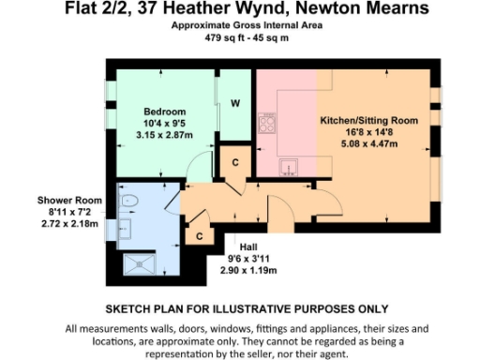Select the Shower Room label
pos(69,201)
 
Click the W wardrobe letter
pos(236,104)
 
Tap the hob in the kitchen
pos(267,124)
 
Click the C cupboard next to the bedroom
pos(235,162)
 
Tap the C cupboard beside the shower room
pos(200,237)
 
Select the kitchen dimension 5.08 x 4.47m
pos(367,145)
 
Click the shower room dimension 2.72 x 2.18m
pos(69,224)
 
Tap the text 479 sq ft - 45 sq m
pos(247,38)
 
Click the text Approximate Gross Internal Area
pos(247,26)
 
